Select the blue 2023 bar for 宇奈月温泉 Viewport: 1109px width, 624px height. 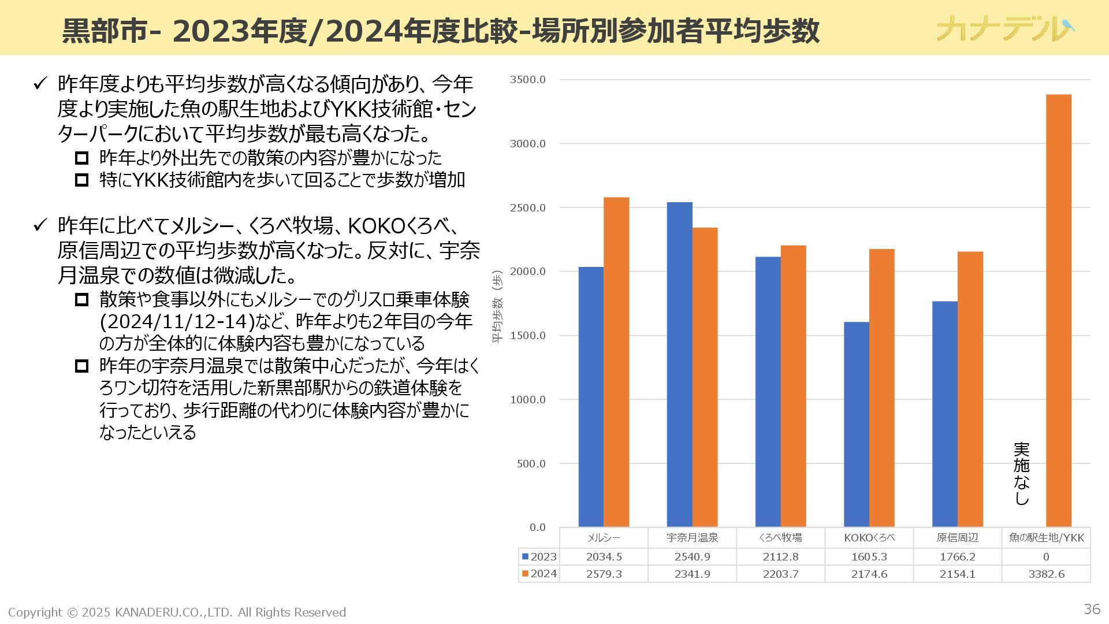[x=679, y=365]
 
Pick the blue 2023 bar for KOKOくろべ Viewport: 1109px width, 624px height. [x=856, y=425]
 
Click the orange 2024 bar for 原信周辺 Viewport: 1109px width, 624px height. [x=970, y=389]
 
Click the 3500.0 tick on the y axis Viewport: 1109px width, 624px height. [x=527, y=80]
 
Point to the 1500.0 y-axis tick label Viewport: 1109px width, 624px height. [x=527, y=336]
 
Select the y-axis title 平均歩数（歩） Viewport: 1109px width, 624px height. [x=497, y=307]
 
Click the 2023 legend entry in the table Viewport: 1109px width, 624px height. [x=539, y=557]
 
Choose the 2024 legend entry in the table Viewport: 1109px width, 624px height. [x=539, y=574]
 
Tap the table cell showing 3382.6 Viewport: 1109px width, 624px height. [x=1046, y=574]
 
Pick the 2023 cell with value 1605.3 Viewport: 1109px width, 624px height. [x=869, y=557]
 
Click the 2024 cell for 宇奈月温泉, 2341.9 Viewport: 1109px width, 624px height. [x=692, y=574]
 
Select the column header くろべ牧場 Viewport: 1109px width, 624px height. [x=780, y=538]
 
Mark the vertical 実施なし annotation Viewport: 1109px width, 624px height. [x=1021, y=474]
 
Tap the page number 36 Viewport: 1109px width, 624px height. [x=1092, y=609]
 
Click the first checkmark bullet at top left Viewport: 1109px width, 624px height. [x=39, y=84]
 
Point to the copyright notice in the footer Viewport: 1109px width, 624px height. [x=177, y=612]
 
